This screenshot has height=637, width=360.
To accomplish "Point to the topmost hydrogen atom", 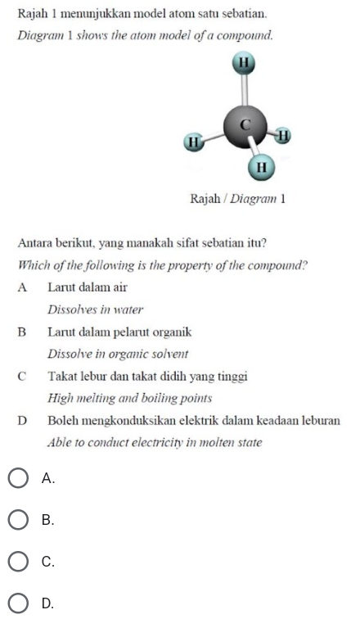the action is click(x=243, y=62).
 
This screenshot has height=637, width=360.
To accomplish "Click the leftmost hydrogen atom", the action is click(x=194, y=142).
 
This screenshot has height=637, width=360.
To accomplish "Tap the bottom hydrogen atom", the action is click(x=260, y=167).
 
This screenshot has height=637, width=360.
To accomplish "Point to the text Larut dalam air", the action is click(x=87, y=287).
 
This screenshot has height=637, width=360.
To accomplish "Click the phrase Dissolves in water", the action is click(x=96, y=309).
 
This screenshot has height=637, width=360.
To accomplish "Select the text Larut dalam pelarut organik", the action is click(x=119, y=332).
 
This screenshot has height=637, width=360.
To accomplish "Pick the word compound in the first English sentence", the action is click(x=242, y=36).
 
